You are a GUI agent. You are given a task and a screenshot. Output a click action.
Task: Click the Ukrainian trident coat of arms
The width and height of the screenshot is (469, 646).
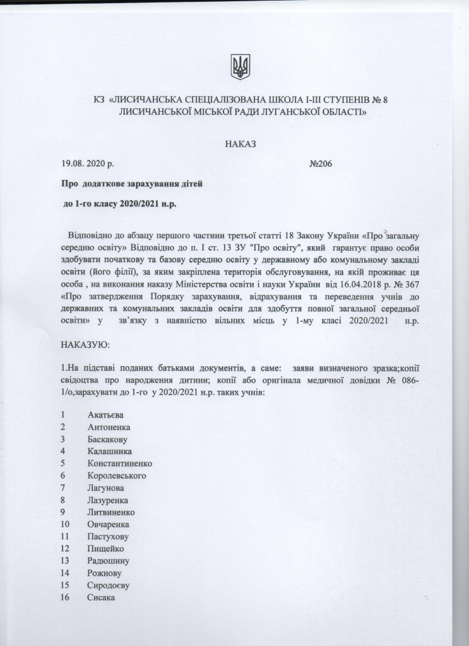[241, 66]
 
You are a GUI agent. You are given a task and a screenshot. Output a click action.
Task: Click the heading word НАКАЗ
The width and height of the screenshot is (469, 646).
[240, 145]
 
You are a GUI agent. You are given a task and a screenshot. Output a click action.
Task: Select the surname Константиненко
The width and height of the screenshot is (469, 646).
[120, 463]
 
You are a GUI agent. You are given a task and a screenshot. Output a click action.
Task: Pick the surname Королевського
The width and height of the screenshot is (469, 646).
[117, 475]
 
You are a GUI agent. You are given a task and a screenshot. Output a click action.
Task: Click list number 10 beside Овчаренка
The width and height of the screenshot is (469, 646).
[64, 524]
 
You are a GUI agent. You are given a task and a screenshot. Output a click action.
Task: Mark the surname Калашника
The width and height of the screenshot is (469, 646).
[110, 451]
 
